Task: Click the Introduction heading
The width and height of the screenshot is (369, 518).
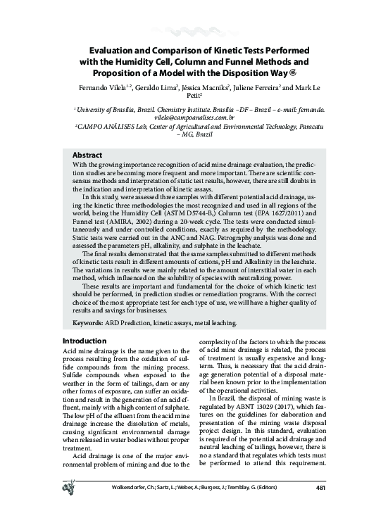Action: (x=85, y=341)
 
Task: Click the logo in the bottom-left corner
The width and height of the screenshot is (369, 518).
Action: (x=70, y=505)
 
